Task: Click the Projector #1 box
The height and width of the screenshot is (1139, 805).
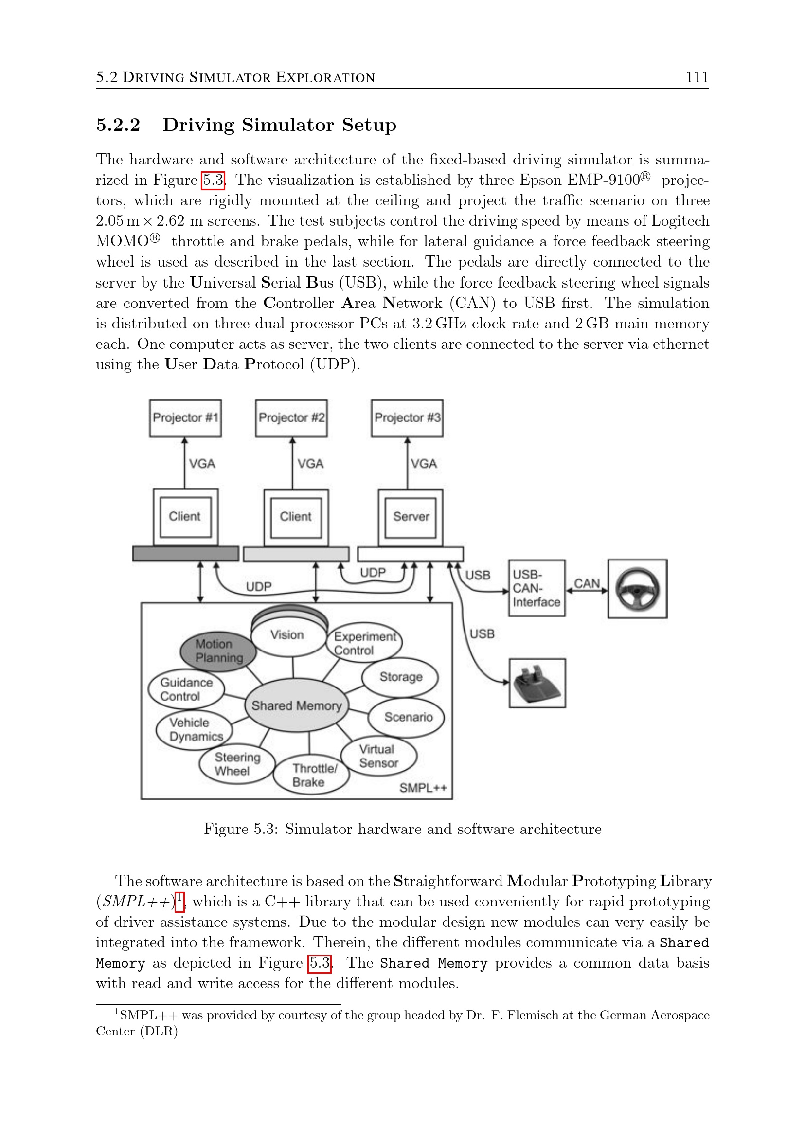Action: (x=185, y=418)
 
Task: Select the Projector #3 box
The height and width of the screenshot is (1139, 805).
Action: (x=407, y=418)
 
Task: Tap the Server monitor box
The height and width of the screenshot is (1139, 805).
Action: (x=410, y=516)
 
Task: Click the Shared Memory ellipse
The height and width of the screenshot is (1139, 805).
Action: (x=297, y=705)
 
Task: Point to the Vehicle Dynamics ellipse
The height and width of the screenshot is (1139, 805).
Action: (x=194, y=729)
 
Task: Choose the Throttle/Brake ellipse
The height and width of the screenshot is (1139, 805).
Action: (x=311, y=776)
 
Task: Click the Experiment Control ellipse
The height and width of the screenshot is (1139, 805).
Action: (x=364, y=643)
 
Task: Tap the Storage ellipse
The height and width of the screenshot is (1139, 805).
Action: (x=400, y=677)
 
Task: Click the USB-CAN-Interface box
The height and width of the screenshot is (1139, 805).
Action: (x=536, y=588)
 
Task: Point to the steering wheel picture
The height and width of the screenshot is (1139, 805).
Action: (x=637, y=589)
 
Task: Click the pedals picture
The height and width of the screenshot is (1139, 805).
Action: (x=537, y=683)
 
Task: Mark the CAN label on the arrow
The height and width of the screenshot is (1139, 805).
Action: (x=587, y=583)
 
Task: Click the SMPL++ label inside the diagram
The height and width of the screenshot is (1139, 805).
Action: (x=423, y=788)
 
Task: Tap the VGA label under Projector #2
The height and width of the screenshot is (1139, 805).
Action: (x=310, y=464)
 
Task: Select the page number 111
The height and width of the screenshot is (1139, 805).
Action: (x=697, y=77)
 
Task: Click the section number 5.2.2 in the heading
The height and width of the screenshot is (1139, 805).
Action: (x=118, y=125)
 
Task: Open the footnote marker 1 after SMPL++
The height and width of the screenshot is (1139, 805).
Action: (x=179, y=898)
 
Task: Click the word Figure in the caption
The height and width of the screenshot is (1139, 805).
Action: (x=226, y=829)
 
